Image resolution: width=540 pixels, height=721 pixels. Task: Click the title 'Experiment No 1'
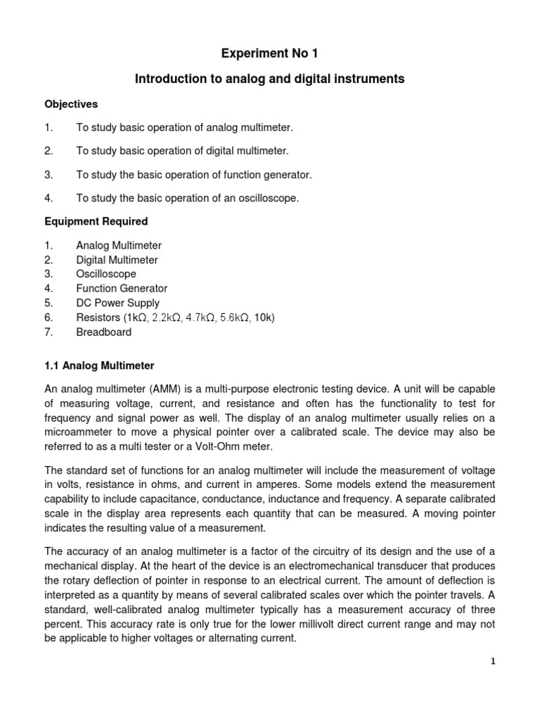tap(270, 54)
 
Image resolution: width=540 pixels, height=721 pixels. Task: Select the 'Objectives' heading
tap(71, 104)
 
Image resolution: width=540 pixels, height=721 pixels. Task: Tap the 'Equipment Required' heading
tap(96, 221)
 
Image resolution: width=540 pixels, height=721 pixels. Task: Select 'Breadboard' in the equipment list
tap(104, 332)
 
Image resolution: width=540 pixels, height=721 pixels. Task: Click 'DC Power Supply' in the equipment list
tap(117, 303)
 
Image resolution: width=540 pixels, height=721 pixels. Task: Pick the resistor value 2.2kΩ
tap(167, 318)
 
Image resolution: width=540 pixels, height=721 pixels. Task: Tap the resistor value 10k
tap(262, 318)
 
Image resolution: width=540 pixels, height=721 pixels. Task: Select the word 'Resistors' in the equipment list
tap(98, 318)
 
